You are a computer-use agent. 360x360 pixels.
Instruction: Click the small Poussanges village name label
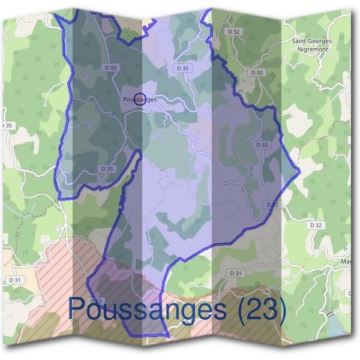[x=139, y=99]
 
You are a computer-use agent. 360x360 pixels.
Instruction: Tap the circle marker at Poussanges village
[x=139, y=99]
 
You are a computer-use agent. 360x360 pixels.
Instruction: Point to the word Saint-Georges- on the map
[x=311, y=41]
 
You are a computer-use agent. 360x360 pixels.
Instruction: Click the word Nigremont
[x=311, y=51]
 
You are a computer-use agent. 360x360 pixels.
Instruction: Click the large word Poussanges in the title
[x=147, y=309]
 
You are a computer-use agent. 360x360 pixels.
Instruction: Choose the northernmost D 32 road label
[x=233, y=31]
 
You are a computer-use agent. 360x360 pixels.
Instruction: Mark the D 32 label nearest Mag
[x=316, y=224]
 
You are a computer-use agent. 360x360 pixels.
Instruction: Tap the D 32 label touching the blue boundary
[x=272, y=205]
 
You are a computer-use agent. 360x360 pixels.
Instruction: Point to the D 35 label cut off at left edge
[x=6, y=125]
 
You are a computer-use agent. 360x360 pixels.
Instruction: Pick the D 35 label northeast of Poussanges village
[x=182, y=68]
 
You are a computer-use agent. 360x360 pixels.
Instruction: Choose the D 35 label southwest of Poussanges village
[x=107, y=169]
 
